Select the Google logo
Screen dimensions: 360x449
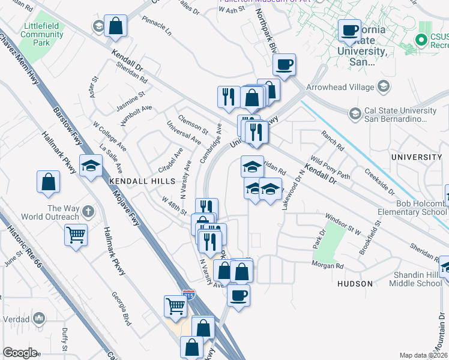click(20, 352)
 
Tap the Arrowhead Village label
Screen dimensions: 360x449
click(340, 87)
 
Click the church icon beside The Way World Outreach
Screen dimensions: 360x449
click(88, 211)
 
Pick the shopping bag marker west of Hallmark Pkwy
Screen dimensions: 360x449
click(48, 181)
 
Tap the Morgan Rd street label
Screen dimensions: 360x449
click(327, 265)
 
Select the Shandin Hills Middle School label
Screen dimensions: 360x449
click(418, 279)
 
